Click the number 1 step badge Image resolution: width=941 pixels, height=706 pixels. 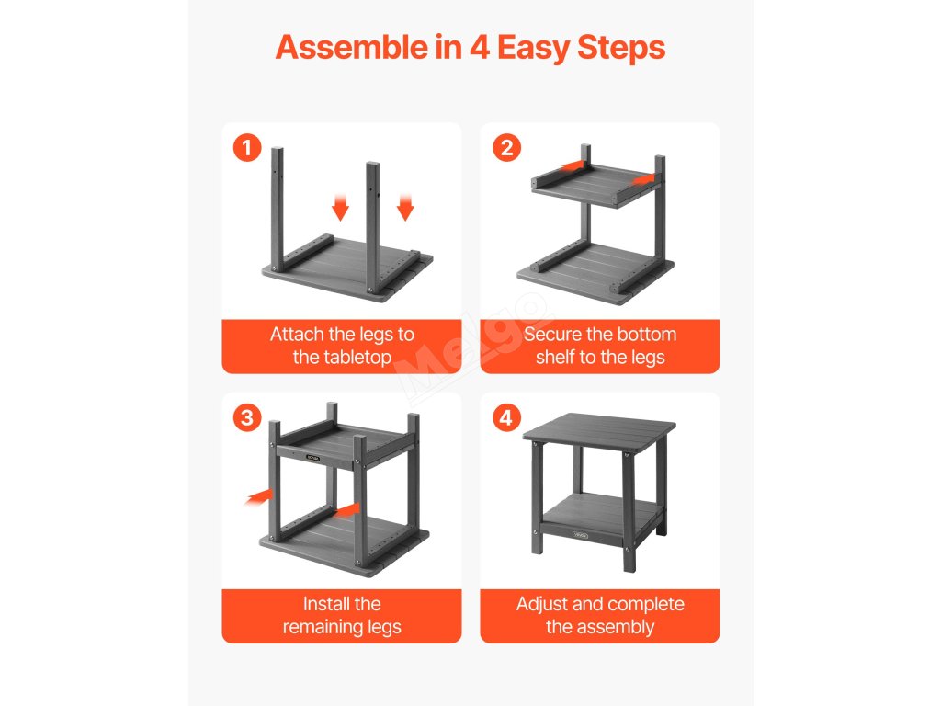(247, 148)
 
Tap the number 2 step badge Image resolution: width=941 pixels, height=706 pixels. (506, 148)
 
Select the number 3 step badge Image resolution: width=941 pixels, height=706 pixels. (247, 418)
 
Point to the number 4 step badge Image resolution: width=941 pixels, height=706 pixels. (506, 418)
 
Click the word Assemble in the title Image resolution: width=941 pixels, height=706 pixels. (352, 47)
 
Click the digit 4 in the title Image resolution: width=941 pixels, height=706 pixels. (480, 48)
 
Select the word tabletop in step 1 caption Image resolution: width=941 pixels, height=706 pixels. (357, 358)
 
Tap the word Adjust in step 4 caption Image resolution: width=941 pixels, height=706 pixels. (539, 604)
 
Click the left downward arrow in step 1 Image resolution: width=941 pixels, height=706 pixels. (340, 207)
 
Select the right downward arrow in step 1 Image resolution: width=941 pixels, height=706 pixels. (405, 207)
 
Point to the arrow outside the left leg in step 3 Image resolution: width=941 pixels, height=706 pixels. (259, 496)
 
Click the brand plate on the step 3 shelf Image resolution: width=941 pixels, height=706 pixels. (312, 458)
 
